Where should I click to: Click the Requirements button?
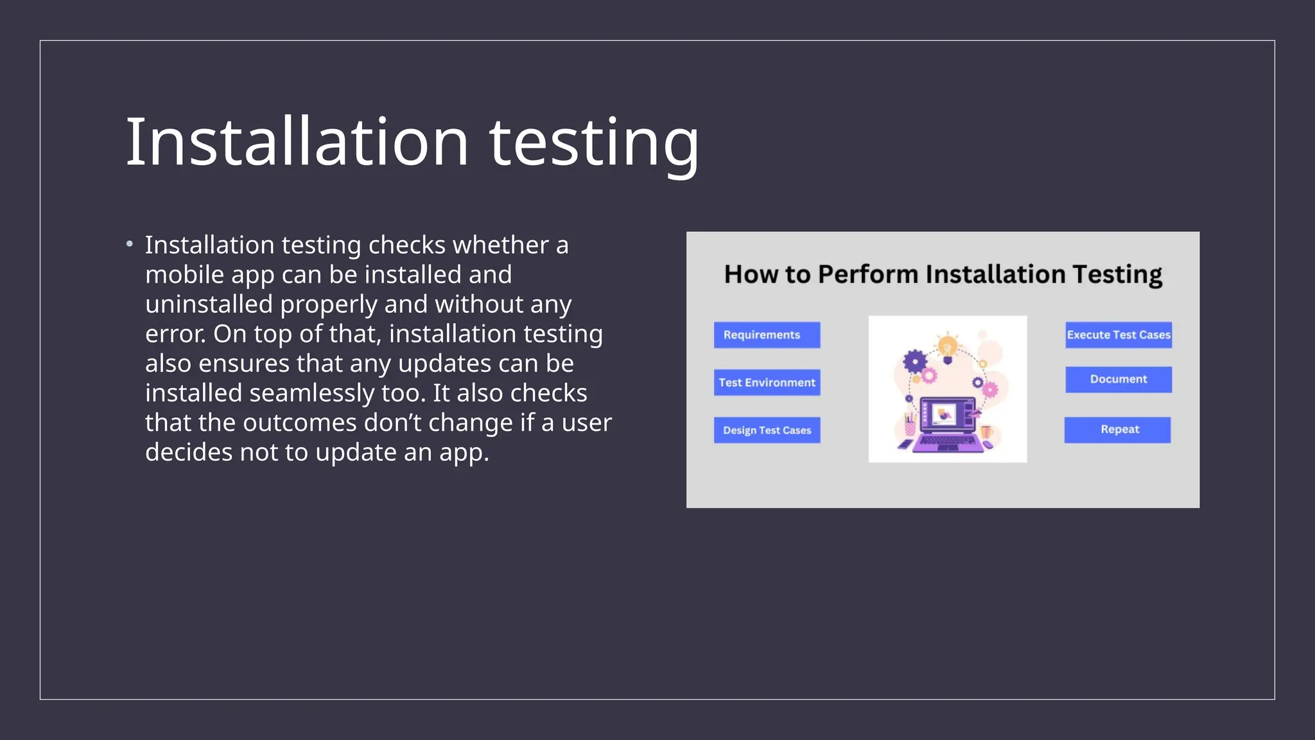pyautogui.click(x=767, y=335)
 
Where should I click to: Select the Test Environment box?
pyautogui.click(x=767, y=382)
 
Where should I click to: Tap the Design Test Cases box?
pyautogui.click(x=767, y=430)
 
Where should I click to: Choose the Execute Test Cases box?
pyautogui.click(x=1119, y=335)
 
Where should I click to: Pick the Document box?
pyautogui.click(x=1119, y=379)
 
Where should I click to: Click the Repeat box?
pyautogui.click(x=1117, y=430)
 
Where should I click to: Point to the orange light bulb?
pyautogui.click(x=947, y=348)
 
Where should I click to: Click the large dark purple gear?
pyautogui.click(x=914, y=362)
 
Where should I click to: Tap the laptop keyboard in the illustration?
pyautogui.click(x=948, y=441)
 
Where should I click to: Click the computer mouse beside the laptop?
pyautogui.click(x=988, y=444)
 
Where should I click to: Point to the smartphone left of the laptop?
pyautogui.click(x=905, y=444)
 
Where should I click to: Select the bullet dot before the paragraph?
pyautogui.click(x=130, y=244)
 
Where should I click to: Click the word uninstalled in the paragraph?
pyautogui.click(x=209, y=304)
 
